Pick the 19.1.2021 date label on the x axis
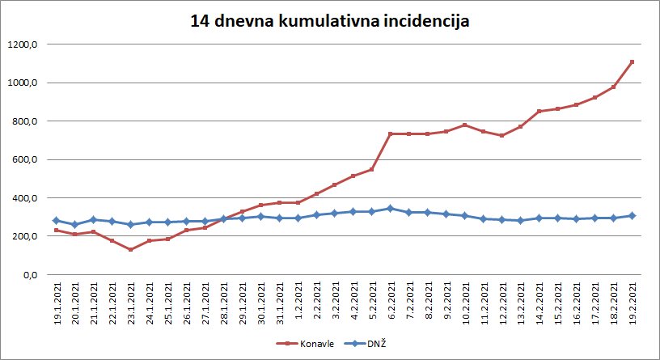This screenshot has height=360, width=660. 57,305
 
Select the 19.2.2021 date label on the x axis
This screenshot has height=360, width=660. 632,305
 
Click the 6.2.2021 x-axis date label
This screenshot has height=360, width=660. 391,307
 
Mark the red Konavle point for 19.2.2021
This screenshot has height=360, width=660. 632,61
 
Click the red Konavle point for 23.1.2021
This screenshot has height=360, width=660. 131,249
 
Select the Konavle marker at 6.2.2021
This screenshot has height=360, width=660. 391,133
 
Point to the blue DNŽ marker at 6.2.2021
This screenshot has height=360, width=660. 391,208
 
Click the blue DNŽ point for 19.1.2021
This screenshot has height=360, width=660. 57,220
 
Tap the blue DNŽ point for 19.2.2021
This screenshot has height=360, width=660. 632,215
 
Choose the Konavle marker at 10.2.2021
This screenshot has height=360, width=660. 465,125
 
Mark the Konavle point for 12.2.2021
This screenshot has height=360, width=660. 501,135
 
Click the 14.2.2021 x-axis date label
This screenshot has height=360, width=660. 539,305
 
